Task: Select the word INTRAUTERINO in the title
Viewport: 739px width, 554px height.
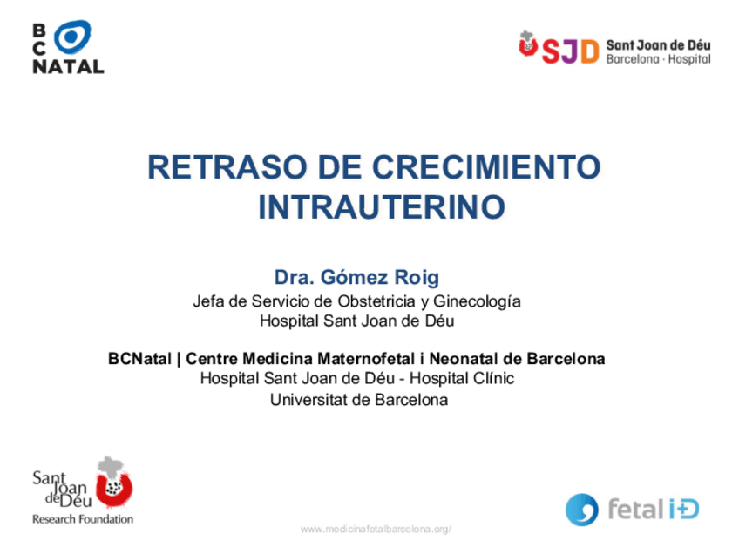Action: click(382, 208)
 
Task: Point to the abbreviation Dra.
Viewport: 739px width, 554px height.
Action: click(294, 278)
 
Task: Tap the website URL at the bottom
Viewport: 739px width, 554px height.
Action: click(376, 529)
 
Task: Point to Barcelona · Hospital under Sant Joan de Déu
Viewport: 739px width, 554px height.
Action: click(658, 59)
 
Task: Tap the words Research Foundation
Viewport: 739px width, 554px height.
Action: click(83, 519)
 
